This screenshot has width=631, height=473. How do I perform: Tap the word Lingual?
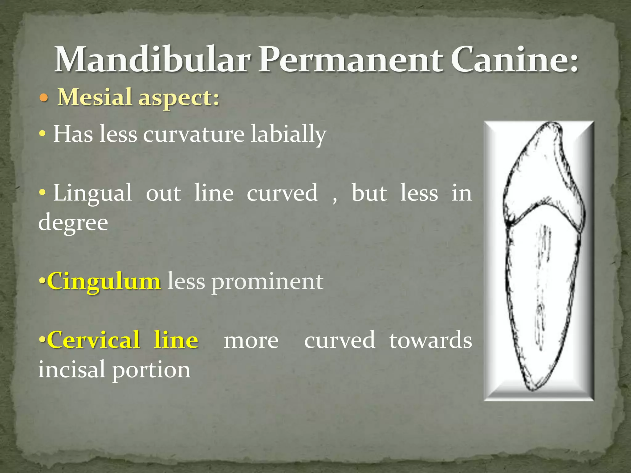click(92, 193)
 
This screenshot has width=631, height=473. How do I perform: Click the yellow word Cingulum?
click(104, 281)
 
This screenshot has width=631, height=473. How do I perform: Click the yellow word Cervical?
click(93, 340)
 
